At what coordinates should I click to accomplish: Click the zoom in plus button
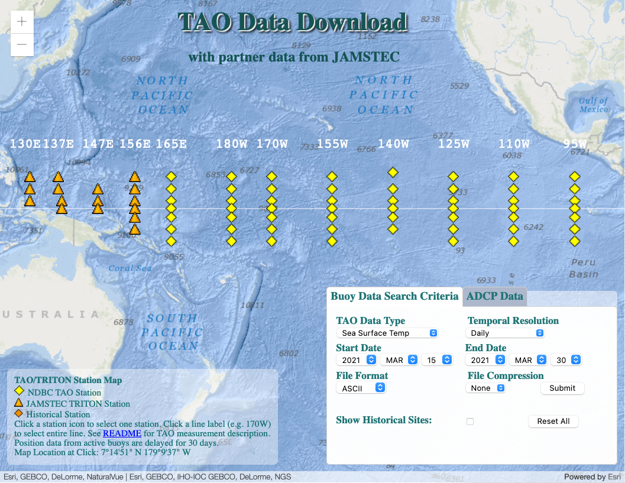coord(22,22)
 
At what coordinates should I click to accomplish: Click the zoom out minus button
coord(22,44)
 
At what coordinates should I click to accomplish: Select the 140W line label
coord(393,144)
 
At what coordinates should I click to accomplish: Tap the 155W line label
coord(332,144)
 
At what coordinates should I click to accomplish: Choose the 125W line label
coord(454,144)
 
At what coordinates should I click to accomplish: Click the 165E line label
coord(171,144)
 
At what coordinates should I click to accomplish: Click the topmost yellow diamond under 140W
coord(393,173)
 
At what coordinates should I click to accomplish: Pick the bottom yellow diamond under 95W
coord(574,241)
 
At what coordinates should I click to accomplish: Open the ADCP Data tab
coord(494,296)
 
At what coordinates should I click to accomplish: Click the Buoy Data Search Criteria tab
coord(394,296)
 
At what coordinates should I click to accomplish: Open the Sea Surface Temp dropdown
coord(387,333)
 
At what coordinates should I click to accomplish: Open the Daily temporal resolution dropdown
coord(506,333)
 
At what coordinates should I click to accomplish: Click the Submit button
coord(562,388)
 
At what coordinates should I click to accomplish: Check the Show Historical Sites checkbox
coord(470,422)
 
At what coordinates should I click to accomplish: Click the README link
coord(122,433)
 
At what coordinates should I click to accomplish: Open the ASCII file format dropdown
coord(361,388)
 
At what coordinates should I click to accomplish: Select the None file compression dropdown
coord(485,388)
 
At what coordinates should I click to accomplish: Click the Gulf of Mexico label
coord(593,105)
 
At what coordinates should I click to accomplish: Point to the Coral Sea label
coord(130,268)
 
